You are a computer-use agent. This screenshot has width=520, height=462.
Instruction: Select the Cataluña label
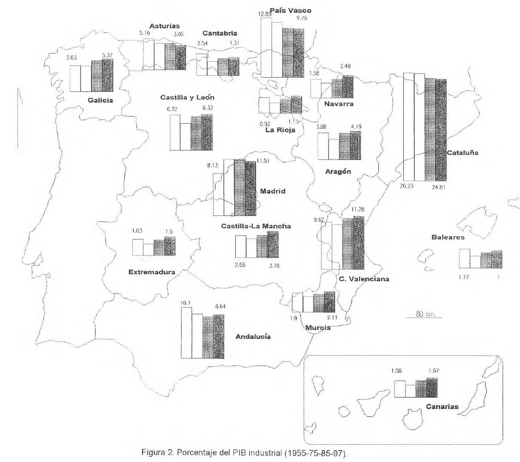(463, 152)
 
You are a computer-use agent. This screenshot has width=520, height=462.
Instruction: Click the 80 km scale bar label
(424, 314)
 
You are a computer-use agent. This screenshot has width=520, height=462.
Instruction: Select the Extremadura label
(152, 271)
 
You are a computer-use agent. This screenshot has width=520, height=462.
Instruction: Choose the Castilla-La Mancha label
(256, 226)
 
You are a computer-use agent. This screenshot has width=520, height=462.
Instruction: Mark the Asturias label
(165, 26)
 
